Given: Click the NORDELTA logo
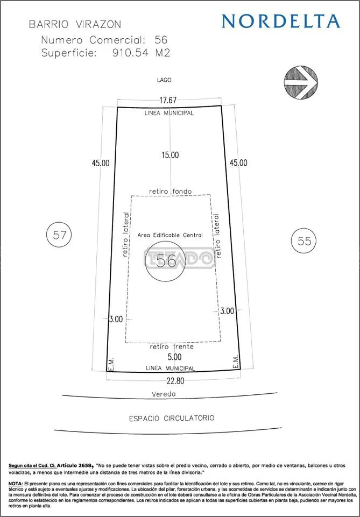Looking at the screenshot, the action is click(280, 21).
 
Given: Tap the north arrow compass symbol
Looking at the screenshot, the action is click(301, 82).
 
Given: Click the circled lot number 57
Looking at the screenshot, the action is click(59, 235).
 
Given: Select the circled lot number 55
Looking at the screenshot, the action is click(304, 241).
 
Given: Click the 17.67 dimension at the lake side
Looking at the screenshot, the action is click(169, 100).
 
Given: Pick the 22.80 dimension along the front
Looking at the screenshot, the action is click(175, 381).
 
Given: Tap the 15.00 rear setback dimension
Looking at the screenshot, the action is click(170, 154).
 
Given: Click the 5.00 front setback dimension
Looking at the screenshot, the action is click(174, 357).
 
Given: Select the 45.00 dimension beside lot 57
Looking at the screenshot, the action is click(101, 163).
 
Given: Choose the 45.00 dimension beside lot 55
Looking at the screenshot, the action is click(238, 162).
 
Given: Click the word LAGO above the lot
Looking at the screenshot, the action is click(165, 80).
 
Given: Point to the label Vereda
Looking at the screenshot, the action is click(164, 394).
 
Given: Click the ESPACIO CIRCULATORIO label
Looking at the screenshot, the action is click(172, 419).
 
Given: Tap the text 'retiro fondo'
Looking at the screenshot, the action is click(170, 191).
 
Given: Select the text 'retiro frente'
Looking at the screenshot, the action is click(172, 347).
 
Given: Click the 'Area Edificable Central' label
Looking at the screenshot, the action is click(170, 235).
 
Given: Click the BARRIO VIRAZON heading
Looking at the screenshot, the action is click(75, 24).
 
